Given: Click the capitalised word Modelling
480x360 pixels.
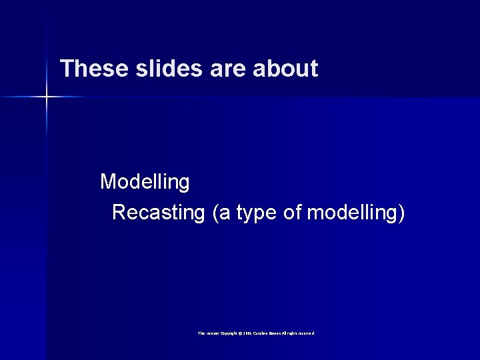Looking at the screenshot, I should pyautogui.click(x=145, y=181).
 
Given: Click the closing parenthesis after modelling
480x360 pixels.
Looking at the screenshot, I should pyautogui.click(x=401, y=213).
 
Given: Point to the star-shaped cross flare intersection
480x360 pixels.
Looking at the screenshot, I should pyautogui.click(x=47, y=97).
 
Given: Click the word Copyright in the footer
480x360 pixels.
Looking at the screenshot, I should pyautogui.click(x=226, y=333).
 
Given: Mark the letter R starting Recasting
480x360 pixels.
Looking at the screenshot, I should pyautogui.click(x=119, y=213).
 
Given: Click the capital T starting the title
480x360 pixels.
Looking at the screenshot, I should pyautogui.click(x=65, y=69).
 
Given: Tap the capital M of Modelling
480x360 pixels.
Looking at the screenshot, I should pyautogui.click(x=107, y=181).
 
